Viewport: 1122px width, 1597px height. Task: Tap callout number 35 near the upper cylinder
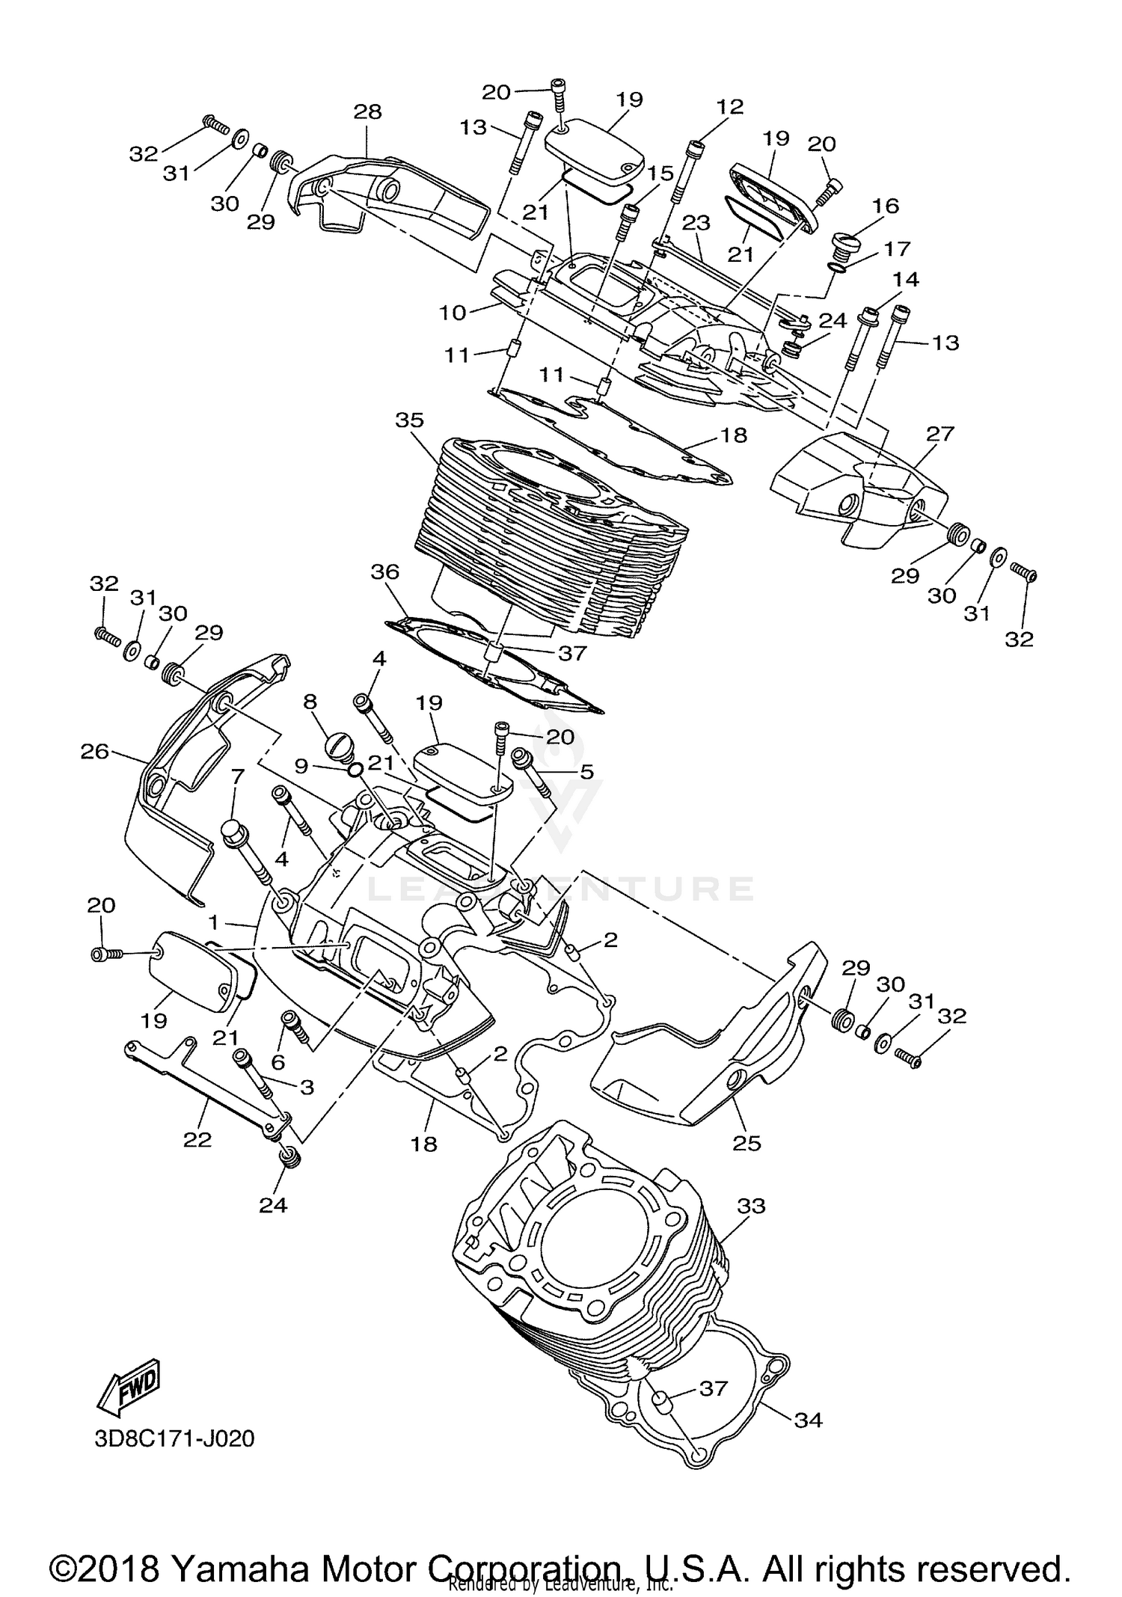(x=409, y=420)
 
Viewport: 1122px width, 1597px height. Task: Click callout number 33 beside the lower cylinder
(x=751, y=1206)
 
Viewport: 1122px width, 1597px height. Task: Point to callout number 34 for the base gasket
(x=807, y=1420)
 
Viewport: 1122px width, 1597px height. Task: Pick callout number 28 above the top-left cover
(x=367, y=111)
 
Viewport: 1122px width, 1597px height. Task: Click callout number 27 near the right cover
(x=940, y=434)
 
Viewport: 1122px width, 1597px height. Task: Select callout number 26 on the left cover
(x=95, y=751)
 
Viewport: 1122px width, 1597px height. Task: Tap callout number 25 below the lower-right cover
(x=747, y=1143)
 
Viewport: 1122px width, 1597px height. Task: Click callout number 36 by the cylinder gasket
(x=385, y=572)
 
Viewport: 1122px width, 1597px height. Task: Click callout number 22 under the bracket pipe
(x=197, y=1139)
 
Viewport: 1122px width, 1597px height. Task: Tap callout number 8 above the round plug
(x=310, y=702)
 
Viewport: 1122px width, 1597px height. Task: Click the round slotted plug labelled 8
(x=339, y=746)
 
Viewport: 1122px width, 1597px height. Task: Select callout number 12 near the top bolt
(x=729, y=107)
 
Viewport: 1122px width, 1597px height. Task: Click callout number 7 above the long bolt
(x=237, y=776)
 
